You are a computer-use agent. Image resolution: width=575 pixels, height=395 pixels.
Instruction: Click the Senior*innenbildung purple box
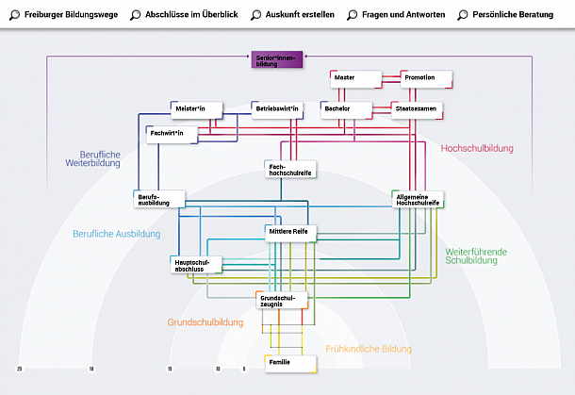(x=276, y=60)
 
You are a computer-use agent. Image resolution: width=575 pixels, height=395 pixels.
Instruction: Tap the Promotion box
(x=426, y=77)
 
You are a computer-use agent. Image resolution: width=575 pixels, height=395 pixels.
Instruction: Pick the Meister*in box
(x=195, y=109)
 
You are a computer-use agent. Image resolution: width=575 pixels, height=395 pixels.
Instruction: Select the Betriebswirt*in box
(x=278, y=109)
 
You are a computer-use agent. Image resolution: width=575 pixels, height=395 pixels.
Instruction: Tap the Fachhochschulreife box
(x=291, y=169)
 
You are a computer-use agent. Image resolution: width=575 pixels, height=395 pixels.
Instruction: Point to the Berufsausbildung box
(x=159, y=199)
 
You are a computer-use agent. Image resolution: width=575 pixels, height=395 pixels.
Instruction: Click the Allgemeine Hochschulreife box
(x=418, y=199)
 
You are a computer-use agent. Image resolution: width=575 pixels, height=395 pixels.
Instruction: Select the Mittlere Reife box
(x=292, y=232)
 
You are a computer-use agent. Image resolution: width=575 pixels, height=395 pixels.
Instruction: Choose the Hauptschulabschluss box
(x=195, y=265)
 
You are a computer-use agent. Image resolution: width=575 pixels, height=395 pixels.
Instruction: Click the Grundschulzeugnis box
(x=282, y=300)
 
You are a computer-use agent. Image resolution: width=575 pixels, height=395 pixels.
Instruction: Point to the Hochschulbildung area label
(x=477, y=148)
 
